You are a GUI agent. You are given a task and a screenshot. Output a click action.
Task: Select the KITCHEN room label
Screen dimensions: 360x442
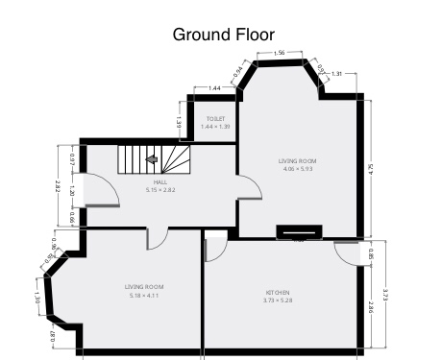(278, 293)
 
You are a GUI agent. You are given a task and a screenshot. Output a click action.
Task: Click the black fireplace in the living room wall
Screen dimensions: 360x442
(299, 230)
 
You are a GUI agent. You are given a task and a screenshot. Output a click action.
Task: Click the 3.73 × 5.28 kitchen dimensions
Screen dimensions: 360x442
(278, 300)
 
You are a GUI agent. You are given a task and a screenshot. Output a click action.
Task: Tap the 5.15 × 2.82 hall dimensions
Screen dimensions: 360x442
(160, 191)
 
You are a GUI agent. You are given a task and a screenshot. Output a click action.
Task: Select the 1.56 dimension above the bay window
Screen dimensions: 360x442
(279, 52)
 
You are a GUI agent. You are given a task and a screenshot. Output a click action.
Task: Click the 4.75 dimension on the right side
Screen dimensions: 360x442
(371, 168)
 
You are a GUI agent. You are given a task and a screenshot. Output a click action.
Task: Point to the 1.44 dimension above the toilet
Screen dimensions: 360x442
(215, 87)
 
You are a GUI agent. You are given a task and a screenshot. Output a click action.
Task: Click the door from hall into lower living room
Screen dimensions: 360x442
(158, 239)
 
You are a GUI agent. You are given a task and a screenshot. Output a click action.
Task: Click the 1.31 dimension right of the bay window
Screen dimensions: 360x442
(336, 74)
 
